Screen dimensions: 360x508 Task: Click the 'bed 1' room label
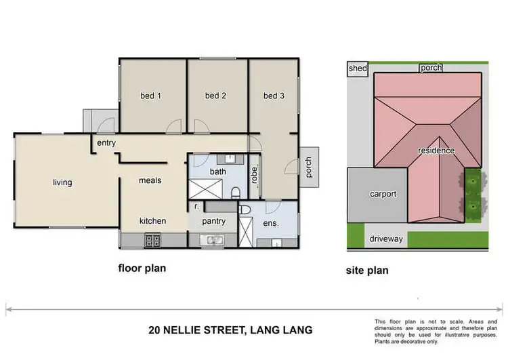tap(150, 96)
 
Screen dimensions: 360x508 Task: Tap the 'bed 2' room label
tap(215, 96)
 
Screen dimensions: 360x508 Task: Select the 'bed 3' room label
tap(274, 96)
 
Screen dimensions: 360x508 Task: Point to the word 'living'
tap(62, 182)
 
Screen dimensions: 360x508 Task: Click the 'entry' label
tap(106, 143)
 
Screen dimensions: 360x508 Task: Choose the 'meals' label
tap(150, 180)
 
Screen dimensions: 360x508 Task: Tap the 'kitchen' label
tap(152, 221)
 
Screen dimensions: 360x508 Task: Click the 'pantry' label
tap(213, 221)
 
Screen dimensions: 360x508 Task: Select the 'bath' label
tap(217, 172)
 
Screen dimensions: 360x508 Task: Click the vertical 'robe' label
tap(254, 174)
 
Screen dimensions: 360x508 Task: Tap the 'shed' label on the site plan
tap(357, 68)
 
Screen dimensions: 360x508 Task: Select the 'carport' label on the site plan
tap(383, 194)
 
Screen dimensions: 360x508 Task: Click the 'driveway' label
tap(386, 239)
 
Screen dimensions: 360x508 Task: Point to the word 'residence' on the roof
tap(436, 151)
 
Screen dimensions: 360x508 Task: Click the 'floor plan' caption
tap(142, 268)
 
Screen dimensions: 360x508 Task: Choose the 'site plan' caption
tap(366, 271)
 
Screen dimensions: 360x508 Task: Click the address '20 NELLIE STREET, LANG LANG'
tap(230, 331)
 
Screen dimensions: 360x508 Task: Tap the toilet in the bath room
tap(235, 193)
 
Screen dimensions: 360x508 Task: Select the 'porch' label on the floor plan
tap(309, 167)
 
